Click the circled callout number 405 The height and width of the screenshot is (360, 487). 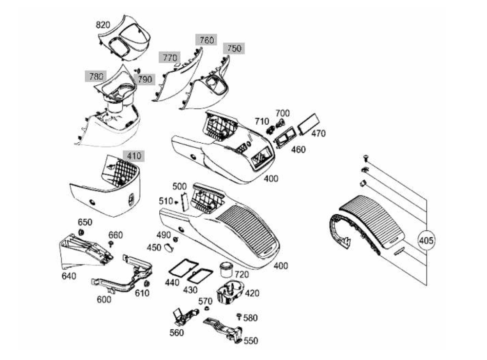426,240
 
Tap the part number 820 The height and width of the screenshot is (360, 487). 103,25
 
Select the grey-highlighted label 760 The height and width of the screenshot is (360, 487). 206,40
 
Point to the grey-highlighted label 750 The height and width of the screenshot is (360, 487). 234,48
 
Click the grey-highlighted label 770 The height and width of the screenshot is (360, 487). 169,57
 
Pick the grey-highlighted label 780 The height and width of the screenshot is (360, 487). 96,76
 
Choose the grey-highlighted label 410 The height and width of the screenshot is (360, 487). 133,156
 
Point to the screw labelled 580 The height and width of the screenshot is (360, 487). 239,316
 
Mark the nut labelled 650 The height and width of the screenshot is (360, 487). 82,232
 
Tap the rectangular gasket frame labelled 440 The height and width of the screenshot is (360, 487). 181,267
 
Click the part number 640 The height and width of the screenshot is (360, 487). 69,277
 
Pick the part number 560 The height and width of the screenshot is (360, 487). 176,332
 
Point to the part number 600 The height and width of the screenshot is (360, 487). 104,299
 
